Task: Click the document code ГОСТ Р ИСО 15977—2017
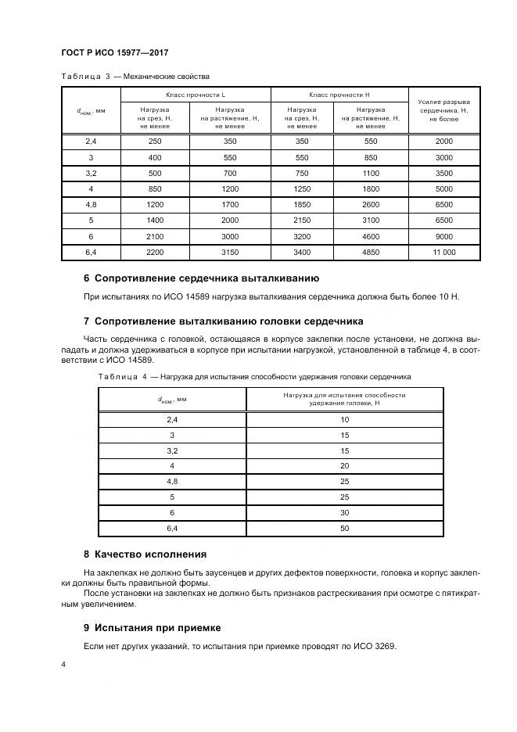(116, 52)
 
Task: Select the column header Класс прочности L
(195, 94)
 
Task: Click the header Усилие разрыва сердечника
(443, 110)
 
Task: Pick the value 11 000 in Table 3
(443, 253)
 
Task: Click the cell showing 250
(156, 141)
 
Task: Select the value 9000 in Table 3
(443, 236)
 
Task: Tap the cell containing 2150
(302, 221)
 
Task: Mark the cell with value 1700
(229, 204)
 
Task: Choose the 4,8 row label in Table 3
(90, 204)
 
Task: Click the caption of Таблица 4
(254, 377)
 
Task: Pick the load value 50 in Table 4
(344, 529)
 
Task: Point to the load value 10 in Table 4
(344, 420)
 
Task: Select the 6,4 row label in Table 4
(171, 529)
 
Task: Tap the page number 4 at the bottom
(63, 665)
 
